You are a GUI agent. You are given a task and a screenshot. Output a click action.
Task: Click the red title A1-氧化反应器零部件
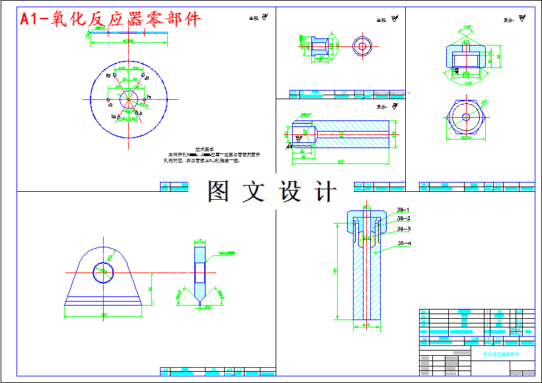[110, 19]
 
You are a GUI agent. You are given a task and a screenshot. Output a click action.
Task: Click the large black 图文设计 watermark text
[272, 192]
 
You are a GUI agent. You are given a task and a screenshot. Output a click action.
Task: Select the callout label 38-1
[403, 210]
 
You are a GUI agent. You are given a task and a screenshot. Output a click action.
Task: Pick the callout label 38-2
[403, 218]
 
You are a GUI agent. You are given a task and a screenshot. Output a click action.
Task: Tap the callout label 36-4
[404, 244]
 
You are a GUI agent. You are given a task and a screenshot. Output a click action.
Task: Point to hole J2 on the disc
[108, 101]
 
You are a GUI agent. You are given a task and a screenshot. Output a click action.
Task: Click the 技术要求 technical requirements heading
[203, 149]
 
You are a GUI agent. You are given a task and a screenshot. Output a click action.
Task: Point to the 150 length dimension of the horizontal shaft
[340, 161]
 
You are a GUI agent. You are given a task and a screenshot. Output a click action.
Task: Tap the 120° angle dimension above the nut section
[468, 27]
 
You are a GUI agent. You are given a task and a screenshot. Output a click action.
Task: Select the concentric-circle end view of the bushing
[362, 46]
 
